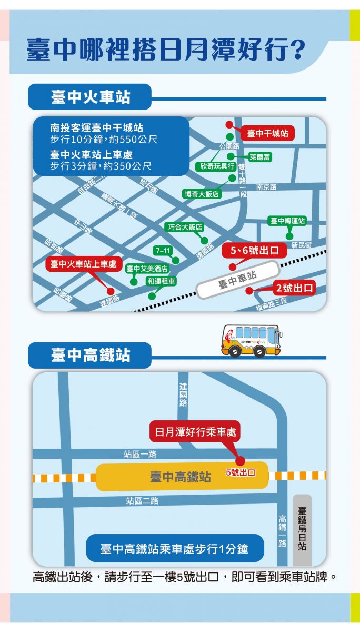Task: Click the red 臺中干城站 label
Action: coord(267,134)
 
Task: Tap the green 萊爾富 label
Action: coord(260,157)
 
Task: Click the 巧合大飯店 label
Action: coord(185,227)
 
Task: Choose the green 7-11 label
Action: coord(162,250)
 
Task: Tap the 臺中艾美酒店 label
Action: coord(147,269)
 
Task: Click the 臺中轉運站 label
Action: coord(287,221)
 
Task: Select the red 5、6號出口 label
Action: coord(254,251)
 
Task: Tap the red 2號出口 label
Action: coord(294,288)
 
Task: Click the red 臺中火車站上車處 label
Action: coord(83,264)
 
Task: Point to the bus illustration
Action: coord(251,341)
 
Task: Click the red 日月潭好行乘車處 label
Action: coord(195,432)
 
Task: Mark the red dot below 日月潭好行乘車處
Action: coord(240,461)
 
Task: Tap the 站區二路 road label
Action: coord(142,500)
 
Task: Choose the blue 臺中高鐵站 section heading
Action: coord(90,355)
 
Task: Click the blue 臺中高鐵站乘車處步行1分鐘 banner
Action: coord(174,549)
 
